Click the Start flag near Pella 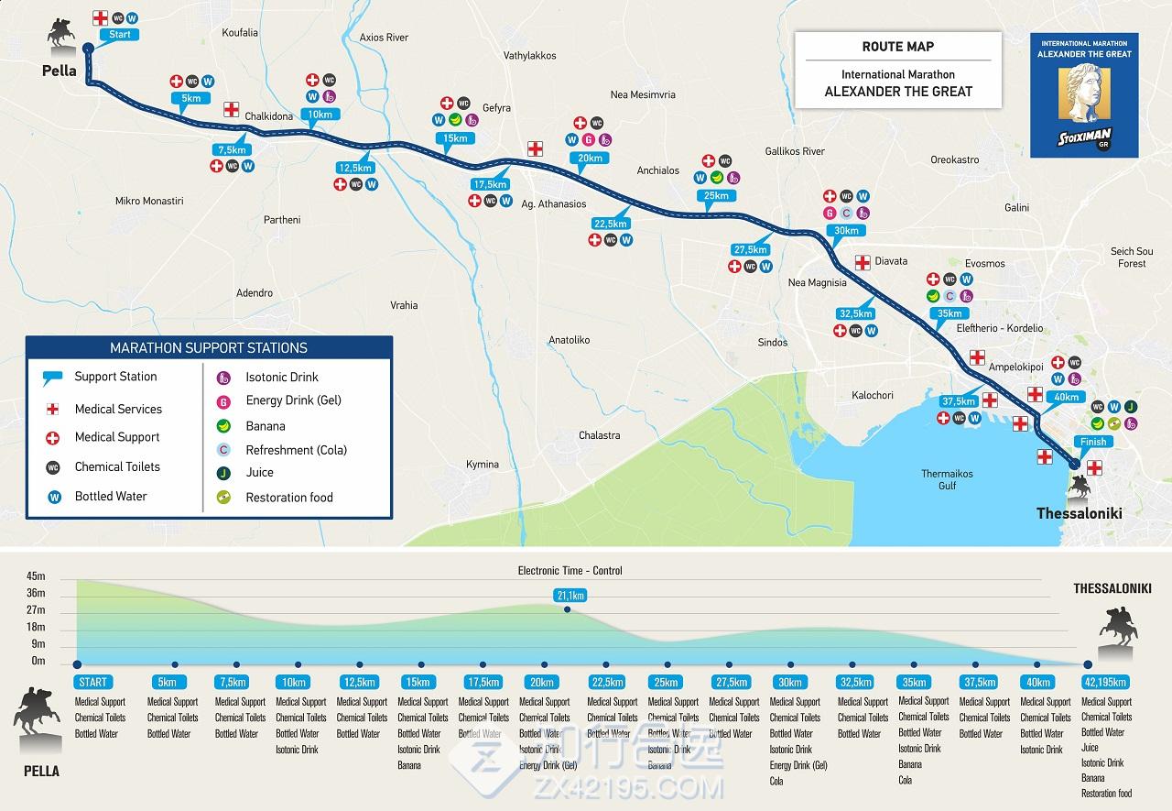pyautogui.click(x=120, y=35)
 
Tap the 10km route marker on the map pyautogui.click(x=320, y=115)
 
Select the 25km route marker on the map pyautogui.click(x=715, y=195)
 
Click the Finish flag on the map pyautogui.click(x=1093, y=442)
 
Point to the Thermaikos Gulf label pyautogui.click(x=947, y=479)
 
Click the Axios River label pyautogui.click(x=384, y=38)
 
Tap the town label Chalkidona pyautogui.click(x=269, y=116)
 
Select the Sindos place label pyautogui.click(x=773, y=342)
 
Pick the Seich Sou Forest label pyautogui.click(x=1132, y=258)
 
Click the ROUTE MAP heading pyautogui.click(x=897, y=47)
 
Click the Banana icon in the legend pyautogui.click(x=222, y=425)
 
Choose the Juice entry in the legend pyautogui.click(x=259, y=472)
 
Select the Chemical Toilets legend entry pyautogui.click(x=117, y=466)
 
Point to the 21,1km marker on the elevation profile pyautogui.click(x=569, y=596)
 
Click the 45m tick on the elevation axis pyautogui.click(x=36, y=577)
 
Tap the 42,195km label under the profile pyautogui.click(x=1106, y=682)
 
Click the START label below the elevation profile pyautogui.click(x=92, y=682)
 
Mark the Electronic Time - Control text pyautogui.click(x=570, y=571)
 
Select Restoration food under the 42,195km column pyautogui.click(x=1106, y=794)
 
